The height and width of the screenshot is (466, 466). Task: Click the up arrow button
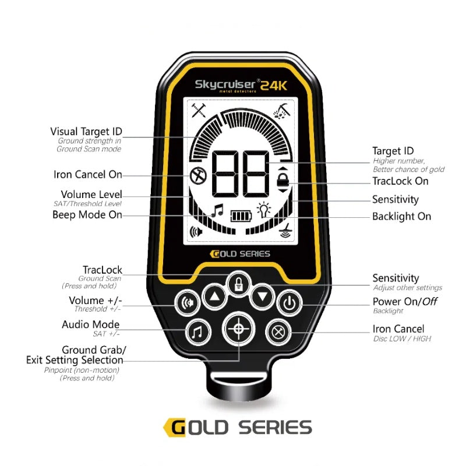click(215, 298)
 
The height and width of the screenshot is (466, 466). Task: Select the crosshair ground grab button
click(238, 329)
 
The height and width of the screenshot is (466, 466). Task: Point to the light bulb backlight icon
click(265, 210)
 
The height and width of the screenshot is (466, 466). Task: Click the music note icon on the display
click(217, 210)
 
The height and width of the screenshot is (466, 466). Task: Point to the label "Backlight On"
click(401, 216)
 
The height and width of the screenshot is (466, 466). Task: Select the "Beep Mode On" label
click(87, 214)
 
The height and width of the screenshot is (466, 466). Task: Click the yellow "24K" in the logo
click(273, 85)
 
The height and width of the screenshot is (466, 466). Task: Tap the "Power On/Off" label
click(405, 301)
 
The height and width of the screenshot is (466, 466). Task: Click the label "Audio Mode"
click(90, 324)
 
